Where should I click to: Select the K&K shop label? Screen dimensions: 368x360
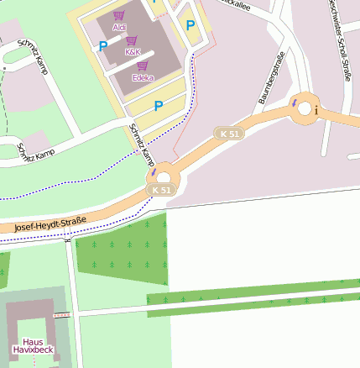(133, 52)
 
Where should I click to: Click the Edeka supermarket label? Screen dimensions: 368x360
(143, 77)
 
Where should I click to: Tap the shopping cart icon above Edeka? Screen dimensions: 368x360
(143, 66)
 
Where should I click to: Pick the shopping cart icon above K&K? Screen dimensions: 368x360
(132, 40)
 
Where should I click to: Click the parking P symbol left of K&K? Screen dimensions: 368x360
(102, 47)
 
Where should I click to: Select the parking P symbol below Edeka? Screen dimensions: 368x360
(158, 106)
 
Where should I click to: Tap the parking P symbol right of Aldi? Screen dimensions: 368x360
(190, 25)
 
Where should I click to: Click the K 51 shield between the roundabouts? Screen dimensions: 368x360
(229, 134)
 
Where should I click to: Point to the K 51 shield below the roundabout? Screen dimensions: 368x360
(162, 190)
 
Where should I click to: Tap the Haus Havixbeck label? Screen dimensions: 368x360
(34, 345)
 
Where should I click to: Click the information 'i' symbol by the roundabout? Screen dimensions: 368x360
(316, 109)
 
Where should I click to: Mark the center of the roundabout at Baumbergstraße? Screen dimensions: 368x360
(303, 108)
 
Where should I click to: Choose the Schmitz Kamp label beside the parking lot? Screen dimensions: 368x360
(141, 145)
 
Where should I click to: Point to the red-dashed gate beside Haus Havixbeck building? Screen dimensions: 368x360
(61, 315)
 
